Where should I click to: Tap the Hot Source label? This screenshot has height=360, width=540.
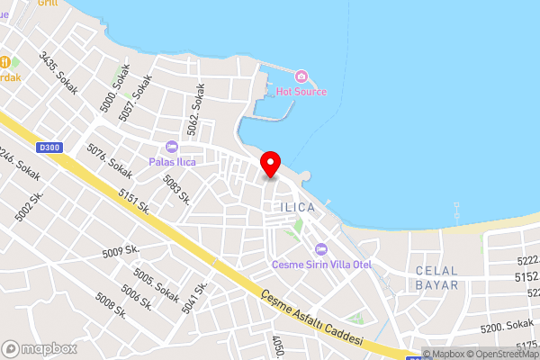pyautogui.click(x=301, y=92)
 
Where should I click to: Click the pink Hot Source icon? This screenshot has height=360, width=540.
pyautogui.click(x=301, y=76)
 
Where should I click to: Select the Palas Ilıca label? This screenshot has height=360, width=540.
pyautogui.click(x=172, y=162)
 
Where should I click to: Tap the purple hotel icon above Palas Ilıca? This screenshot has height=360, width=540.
pyautogui.click(x=172, y=147)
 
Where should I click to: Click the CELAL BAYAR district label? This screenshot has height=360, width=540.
pyautogui.click(x=436, y=277)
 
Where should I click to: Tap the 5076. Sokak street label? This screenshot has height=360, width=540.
pyautogui.click(x=109, y=160)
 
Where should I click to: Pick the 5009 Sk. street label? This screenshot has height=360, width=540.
pyautogui.click(x=121, y=252)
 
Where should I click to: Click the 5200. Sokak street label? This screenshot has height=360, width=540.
pyautogui.click(x=506, y=325)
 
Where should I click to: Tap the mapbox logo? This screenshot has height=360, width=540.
pyautogui.click(x=39, y=348)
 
